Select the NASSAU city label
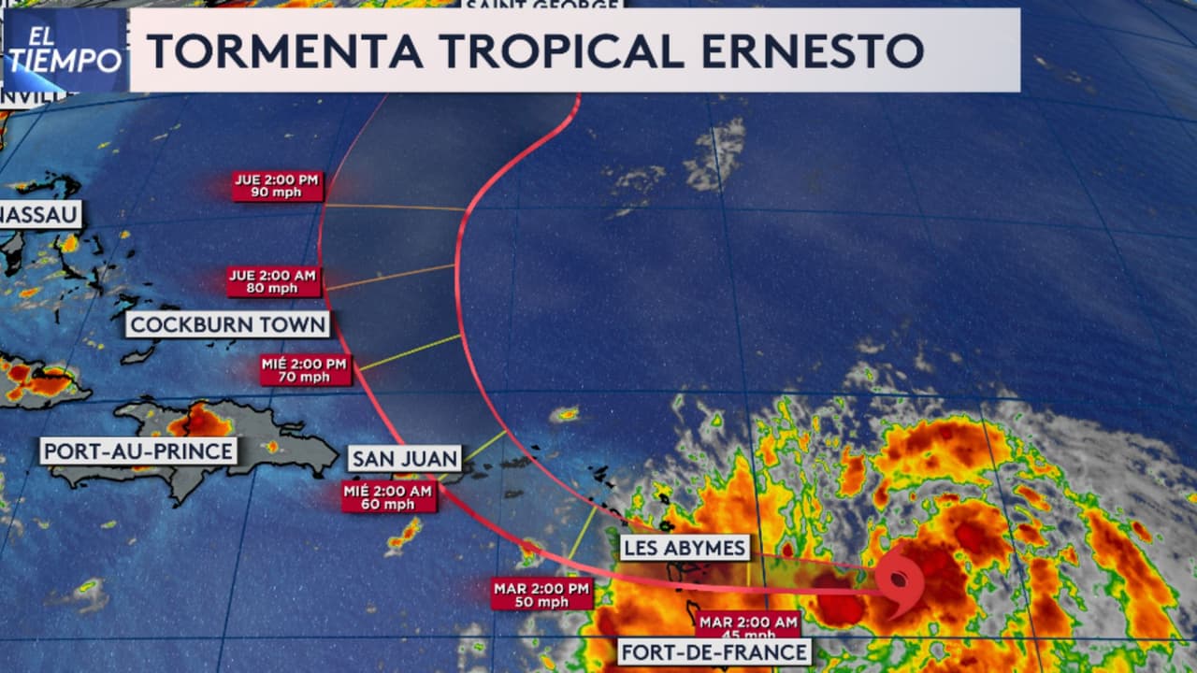(39, 214)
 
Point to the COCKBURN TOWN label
(228, 324)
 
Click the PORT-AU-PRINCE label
(138, 451)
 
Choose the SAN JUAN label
(405, 458)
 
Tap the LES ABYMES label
(685, 548)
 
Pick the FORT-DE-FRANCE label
(714, 652)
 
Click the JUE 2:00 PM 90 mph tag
(278, 185)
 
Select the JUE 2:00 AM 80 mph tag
(275, 281)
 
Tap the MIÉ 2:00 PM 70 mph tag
(306, 370)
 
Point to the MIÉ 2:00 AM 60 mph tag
(389, 497)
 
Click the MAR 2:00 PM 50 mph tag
(541, 594)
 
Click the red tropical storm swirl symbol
(901, 583)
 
